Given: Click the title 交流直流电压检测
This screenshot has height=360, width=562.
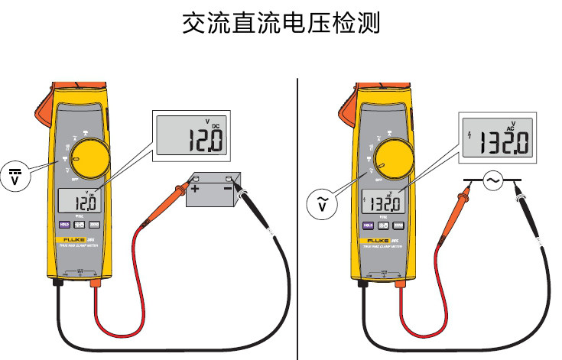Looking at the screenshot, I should pyautogui.click(x=281, y=22).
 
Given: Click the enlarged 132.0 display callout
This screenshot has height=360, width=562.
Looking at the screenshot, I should pyautogui.click(x=496, y=138).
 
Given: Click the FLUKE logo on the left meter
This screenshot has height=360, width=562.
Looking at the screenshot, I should pyautogui.click(x=73, y=239).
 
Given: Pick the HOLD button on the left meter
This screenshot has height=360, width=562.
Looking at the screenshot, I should pyautogui.click(x=65, y=225).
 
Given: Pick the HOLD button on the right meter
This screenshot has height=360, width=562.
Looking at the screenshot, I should pyautogui.click(x=368, y=225).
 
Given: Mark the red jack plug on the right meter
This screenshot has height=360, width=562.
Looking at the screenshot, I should pyautogui.click(x=398, y=284).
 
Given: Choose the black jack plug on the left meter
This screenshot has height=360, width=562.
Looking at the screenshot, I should pyautogui.click(x=58, y=284).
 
